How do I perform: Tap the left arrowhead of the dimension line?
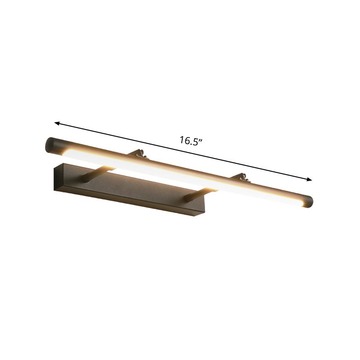pyautogui.click(x=57, y=122)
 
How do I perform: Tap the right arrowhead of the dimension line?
pyautogui.click(x=309, y=180)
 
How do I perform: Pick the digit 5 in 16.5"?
pyautogui.click(x=196, y=141)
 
